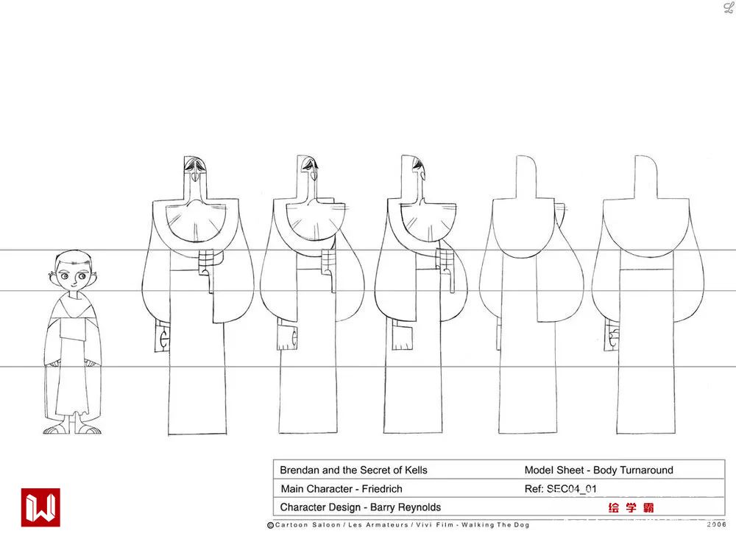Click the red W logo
(x=40, y=507)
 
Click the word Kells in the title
(x=416, y=470)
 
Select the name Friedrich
(x=382, y=489)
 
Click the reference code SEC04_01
(x=572, y=489)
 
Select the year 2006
(x=716, y=524)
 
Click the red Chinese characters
(x=631, y=507)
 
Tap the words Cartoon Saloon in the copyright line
(x=308, y=524)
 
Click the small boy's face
(x=73, y=275)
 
